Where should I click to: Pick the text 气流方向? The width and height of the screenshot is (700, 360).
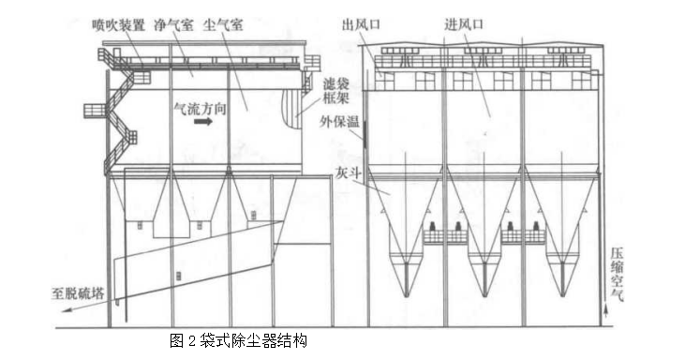coord(199,108)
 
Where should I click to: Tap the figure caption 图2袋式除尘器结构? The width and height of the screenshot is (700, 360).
coord(239,339)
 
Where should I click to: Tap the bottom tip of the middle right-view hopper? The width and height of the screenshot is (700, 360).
coord(486,295)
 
